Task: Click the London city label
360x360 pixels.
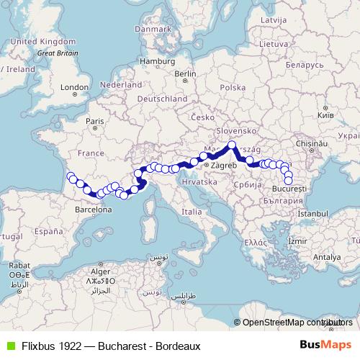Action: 74,87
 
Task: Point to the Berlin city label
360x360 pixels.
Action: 185,73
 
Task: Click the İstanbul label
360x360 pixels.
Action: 312,214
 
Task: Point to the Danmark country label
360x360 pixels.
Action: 168,30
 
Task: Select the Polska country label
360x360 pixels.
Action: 233,86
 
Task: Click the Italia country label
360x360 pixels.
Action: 192,212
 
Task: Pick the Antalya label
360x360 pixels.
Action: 327,256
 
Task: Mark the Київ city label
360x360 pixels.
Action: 325,114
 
